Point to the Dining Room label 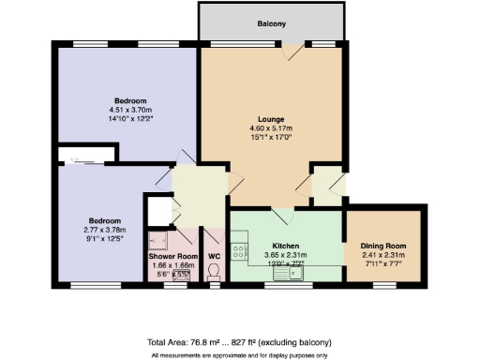384,247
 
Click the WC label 214,255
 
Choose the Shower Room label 172,255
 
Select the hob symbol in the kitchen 239,251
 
